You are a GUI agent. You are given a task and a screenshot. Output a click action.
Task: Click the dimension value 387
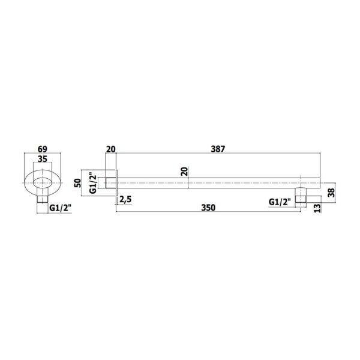(x=218, y=149)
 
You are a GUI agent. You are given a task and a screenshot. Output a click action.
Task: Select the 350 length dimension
(x=208, y=208)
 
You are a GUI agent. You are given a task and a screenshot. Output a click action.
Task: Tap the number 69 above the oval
(x=43, y=149)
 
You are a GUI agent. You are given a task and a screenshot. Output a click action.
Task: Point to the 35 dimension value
(x=43, y=159)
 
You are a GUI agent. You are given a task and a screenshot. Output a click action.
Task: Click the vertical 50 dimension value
(x=78, y=183)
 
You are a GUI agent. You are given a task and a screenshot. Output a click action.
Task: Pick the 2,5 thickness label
(x=125, y=200)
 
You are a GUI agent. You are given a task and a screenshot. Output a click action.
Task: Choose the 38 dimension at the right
(x=332, y=193)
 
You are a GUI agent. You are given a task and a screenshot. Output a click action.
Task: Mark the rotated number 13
(x=317, y=208)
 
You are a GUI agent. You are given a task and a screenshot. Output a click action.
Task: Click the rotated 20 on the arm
(x=184, y=171)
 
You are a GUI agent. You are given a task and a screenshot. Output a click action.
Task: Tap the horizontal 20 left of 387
(x=110, y=149)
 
